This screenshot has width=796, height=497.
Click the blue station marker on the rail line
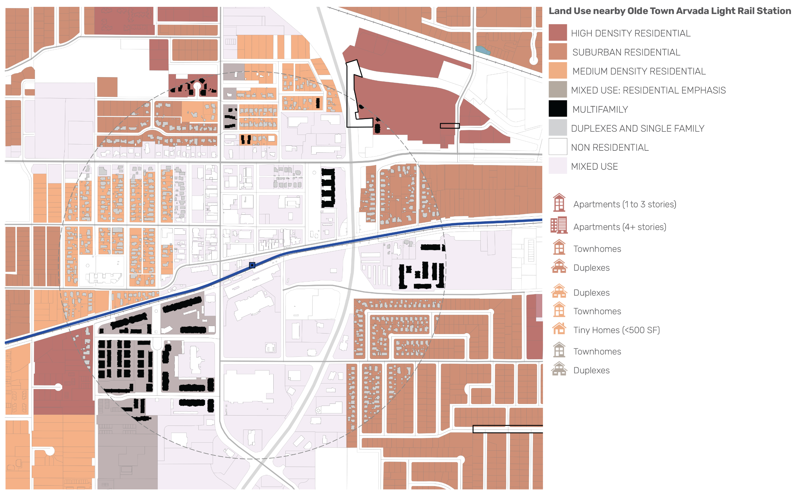(252, 265)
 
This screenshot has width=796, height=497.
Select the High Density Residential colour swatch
(558, 33)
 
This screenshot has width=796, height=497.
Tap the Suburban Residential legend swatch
(558, 52)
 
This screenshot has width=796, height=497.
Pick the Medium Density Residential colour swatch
(558, 71)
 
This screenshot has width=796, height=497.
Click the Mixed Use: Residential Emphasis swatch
(558, 90)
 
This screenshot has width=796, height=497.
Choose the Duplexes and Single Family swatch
(558, 127)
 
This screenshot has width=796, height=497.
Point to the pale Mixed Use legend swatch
(558, 166)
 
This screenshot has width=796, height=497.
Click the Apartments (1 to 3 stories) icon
(559, 203)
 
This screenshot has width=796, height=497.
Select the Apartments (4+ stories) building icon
(559, 225)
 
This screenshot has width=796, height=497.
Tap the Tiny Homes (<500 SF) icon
(559, 329)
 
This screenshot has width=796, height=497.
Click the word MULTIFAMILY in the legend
(600, 109)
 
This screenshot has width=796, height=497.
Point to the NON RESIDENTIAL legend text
(609, 148)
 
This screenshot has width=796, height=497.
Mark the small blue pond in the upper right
(483, 50)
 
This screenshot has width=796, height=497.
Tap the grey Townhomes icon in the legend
(559, 350)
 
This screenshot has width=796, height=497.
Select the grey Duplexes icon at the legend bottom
(559, 369)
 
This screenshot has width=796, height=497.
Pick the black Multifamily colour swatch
(558, 108)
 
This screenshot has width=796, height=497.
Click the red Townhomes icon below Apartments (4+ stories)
(559, 247)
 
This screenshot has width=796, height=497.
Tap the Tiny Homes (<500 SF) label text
(617, 330)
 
